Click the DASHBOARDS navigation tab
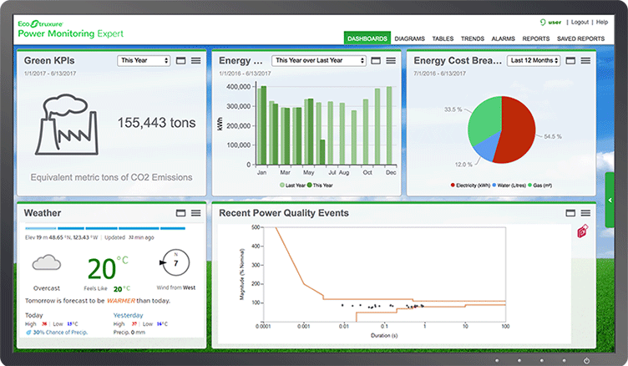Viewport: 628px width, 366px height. (367, 38)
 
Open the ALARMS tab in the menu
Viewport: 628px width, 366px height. (503, 38)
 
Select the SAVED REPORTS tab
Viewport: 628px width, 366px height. (580, 38)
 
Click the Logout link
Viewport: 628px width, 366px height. (580, 22)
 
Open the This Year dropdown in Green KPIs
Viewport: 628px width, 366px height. (144, 60)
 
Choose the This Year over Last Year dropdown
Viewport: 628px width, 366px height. (320, 60)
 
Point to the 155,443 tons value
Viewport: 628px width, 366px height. (156, 123)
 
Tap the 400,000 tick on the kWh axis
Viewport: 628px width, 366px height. (239, 86)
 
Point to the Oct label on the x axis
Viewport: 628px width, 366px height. (366, 172)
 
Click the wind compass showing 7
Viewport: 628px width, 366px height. (175, 263)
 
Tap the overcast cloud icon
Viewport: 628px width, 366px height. (47, 264)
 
